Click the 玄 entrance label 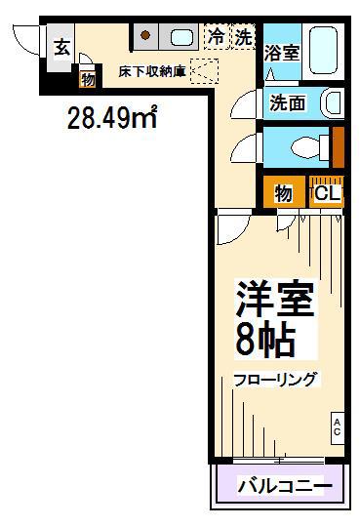62,48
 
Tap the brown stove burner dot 145,35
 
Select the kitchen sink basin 181,37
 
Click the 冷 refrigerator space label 216,37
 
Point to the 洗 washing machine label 243,37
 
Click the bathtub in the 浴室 323,51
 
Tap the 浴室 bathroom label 281,53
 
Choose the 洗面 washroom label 288,102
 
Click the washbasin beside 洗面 333,102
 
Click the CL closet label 328,193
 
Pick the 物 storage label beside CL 283,193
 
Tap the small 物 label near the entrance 88,80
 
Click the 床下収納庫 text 152,71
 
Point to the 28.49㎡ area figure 112,117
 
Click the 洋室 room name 275,299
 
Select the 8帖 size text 265,340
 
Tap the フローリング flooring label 275,380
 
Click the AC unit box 338,427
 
